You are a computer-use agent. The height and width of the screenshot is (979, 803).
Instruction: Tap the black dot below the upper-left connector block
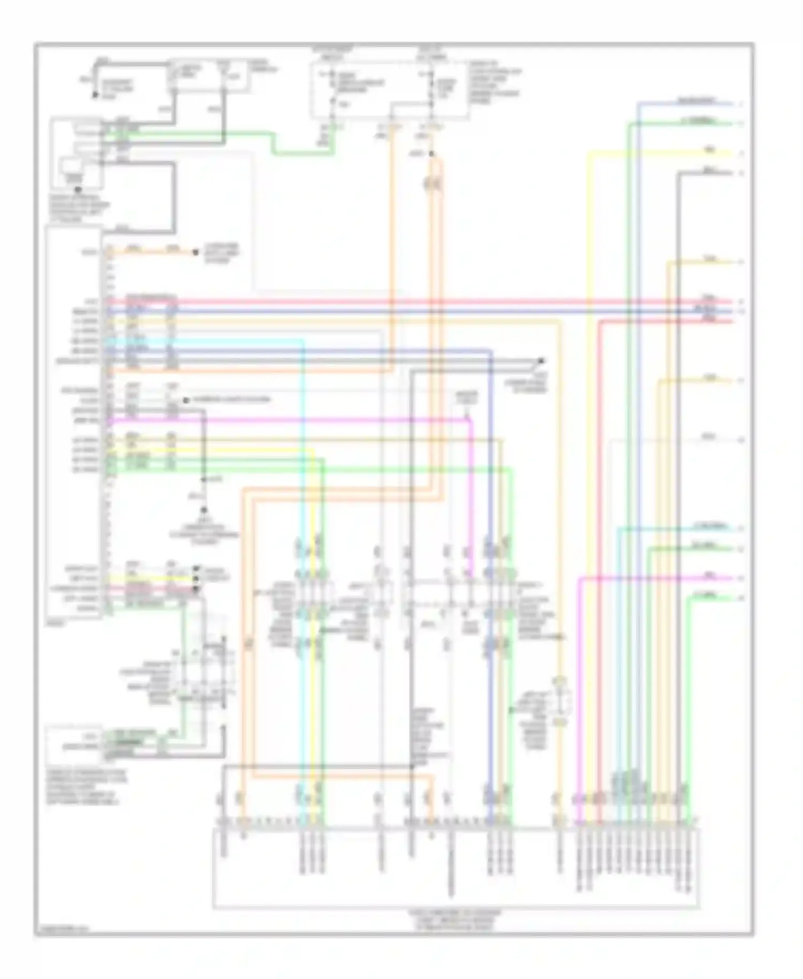point(78,189)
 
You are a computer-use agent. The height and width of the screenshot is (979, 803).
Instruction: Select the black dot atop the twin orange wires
point(432,154)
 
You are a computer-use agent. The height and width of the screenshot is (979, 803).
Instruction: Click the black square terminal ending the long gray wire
point(541,360)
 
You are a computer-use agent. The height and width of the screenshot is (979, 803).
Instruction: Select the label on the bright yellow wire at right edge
point(709,150)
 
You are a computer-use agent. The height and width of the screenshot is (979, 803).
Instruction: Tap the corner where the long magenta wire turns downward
point(471,421)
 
